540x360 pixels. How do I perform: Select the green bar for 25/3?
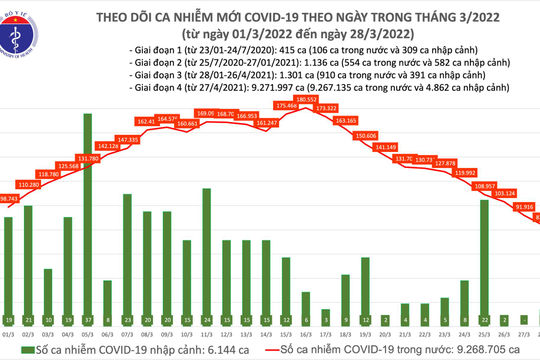484,255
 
